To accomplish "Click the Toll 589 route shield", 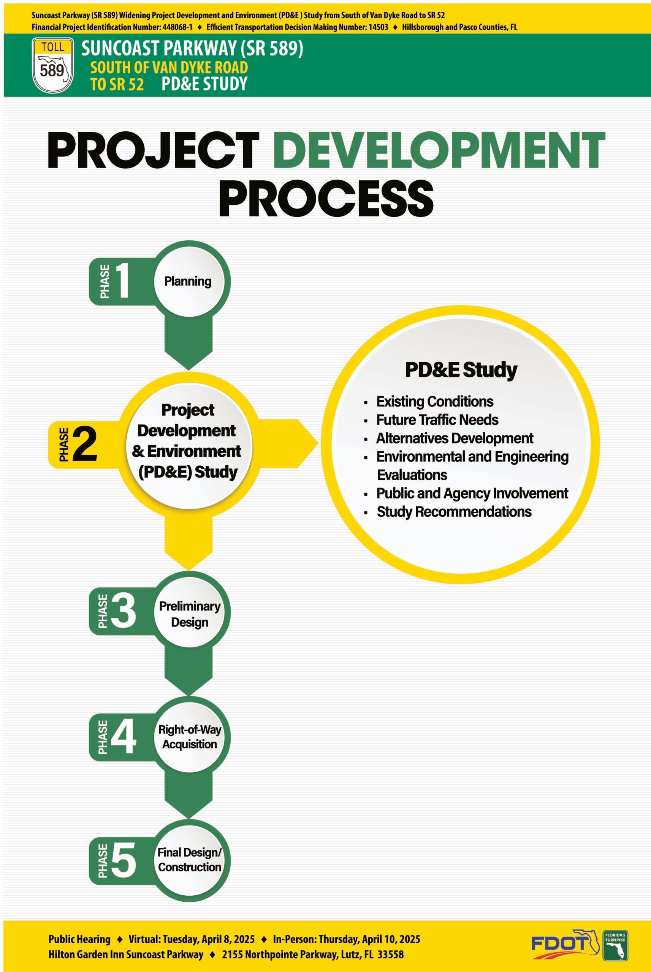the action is tap(53, 65).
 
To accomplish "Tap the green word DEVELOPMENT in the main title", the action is tap(439, 150).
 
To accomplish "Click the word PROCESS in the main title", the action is tap(326, 199).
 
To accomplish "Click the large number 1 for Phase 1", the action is tap(122, 281).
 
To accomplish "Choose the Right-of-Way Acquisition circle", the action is tap(189, 737).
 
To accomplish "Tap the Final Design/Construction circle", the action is tap(189, 860).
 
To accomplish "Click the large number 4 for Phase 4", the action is tap(123, 737).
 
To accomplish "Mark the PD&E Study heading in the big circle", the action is tap(461, 369).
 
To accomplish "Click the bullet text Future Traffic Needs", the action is tap(437, 420).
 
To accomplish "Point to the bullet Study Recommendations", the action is tap(454, 512).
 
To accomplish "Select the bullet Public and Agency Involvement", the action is tap(472, 494).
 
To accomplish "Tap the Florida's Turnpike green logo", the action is tap(615, 945).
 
